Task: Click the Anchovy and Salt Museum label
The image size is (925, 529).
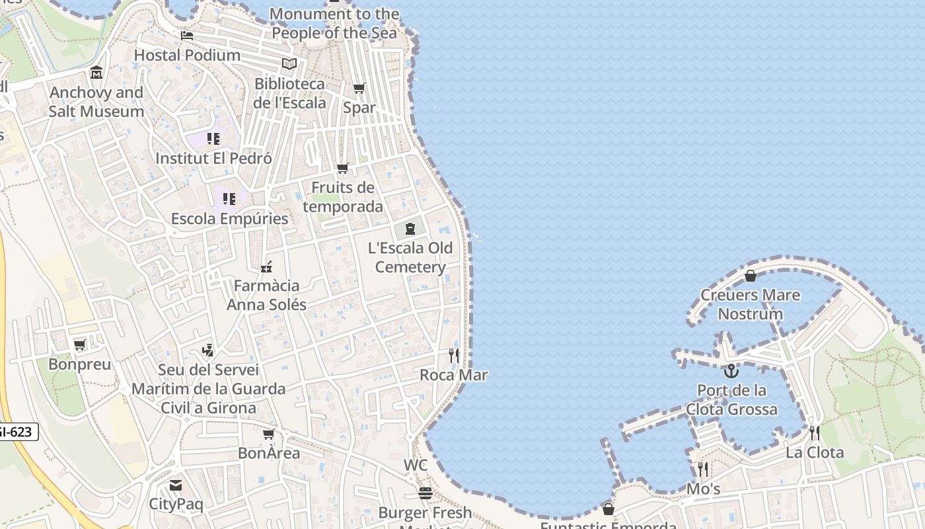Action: [x=96, y=102]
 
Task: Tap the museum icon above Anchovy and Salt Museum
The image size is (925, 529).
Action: [x=96, y=72]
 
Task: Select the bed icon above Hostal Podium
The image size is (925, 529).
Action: [x=187, y=35]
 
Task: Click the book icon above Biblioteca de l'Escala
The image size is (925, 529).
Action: [x=289, y=63]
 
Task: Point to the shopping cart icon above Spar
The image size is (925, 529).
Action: [x=359, y=88]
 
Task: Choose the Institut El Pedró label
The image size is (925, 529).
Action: [x=213, y=159]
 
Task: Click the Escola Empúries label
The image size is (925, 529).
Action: [x=229, y=219]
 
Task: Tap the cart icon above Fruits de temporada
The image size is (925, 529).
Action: [x=342, y=169]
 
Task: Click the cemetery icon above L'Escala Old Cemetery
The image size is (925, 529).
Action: [x=410, y=229]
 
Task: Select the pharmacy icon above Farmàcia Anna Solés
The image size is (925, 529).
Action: [x=266, y=267]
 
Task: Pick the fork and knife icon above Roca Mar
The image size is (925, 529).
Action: [x=454, y=356]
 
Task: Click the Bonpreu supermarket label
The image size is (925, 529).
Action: [x=79, y=364]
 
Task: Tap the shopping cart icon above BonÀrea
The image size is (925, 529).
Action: [x=268, y=434]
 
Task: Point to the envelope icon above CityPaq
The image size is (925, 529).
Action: [x=176, y=485]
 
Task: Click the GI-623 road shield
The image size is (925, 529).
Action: [x=16, y=432]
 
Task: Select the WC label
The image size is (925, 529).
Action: [x=416, y=466]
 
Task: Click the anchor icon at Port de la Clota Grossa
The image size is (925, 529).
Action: [x=731, y=371]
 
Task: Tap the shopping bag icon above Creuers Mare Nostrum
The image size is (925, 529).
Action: [x=750, y=276]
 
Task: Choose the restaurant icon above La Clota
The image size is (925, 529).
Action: [x=815, y=433]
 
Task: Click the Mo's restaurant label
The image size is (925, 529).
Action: [x=703, y=489]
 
